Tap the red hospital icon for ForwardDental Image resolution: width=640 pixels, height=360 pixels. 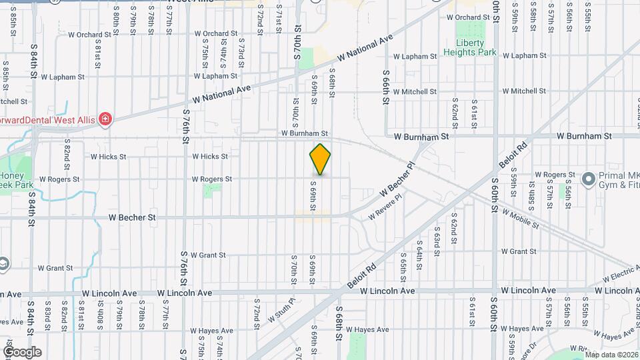pos(105,119)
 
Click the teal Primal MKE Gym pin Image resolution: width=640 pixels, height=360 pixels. pos(588,179)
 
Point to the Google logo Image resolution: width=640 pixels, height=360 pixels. pos(22,352)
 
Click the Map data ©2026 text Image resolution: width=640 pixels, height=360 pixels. pos(612,354)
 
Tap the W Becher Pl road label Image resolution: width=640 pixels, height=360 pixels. pos(397,179)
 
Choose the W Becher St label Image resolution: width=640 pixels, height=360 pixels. pos(134,217)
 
